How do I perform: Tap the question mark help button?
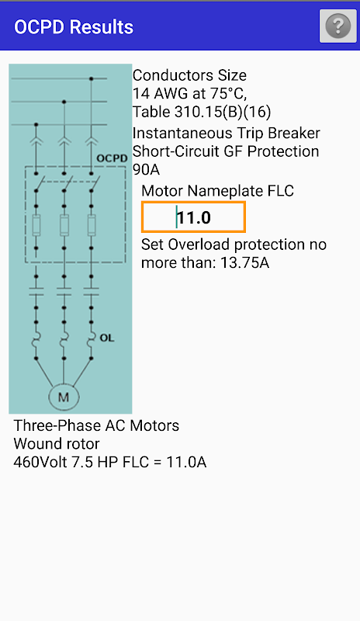pyautogui.click(x=337, y=26)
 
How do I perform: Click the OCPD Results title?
pyautogui.click(x=74, y=27)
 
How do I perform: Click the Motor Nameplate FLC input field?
pyautogui.click(x=193, y=217)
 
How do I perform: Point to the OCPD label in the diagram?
pyautogui.click(x=112, y=158)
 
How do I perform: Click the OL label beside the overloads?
pyautogui.click(x=106, y=338)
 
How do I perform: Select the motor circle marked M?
pyautogui.click(x=64, y=397)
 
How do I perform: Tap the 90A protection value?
pyautogui.click(x=146, y=169)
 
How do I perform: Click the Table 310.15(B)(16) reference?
pyautogui.click(x=202, y=112)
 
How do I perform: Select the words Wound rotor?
pyautogui.click(x=57, y=443)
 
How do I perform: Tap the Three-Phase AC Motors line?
pyautogui.click(x=96, y=425)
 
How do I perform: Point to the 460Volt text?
pyautogui.click(x=40, y=462)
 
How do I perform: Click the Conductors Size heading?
pyautogui.click(x=189, y=75)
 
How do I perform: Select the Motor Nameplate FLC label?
pyautogui.click(x=217, y=191)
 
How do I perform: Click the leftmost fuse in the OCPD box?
pyautogui.click(x=36, y=226)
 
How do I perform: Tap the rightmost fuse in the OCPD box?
pyautogui.click(x=92, y=226)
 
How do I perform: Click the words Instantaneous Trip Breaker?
pyautogui.click(x=226, y=133)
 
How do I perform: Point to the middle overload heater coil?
pyautogui.click(x=64, y=339)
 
